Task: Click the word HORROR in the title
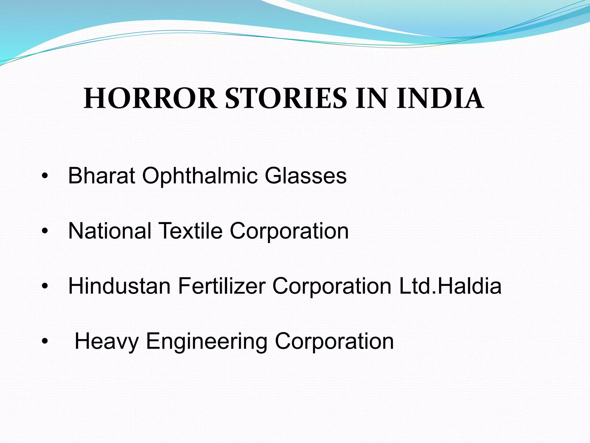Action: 150,99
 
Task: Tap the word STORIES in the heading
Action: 286,99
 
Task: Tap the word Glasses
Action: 306,176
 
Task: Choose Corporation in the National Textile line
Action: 289,232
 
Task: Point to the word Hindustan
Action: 119,286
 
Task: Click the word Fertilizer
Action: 222,286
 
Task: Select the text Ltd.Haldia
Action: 450,286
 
